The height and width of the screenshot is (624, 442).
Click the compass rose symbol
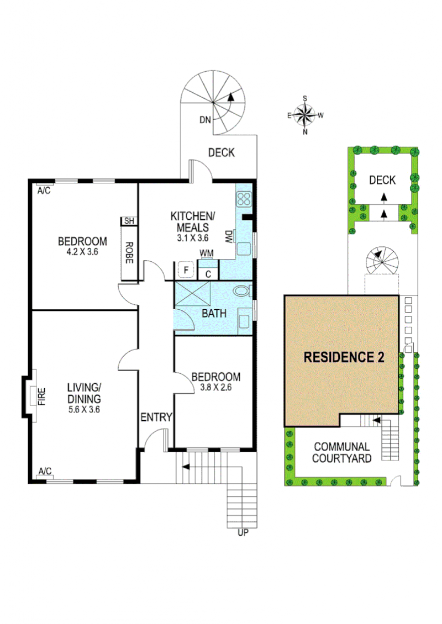(305, 115)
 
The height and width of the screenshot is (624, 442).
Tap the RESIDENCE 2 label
(344, 357)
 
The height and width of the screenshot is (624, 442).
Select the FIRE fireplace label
(42, 396)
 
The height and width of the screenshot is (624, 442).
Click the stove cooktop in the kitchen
(244, 199)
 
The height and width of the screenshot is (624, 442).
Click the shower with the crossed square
(192, 294)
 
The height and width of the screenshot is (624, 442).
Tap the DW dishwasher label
(229, 236)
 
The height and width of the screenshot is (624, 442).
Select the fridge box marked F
(186, 270)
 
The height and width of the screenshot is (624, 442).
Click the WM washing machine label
(206, 253)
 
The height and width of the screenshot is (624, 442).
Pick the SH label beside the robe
(129, 221)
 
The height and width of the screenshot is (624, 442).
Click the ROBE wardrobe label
(129, 253)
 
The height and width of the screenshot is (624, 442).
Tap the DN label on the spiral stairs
(205, 120)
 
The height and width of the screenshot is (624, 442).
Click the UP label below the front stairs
(243, 532)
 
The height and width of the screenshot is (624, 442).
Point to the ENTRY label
(156, 417)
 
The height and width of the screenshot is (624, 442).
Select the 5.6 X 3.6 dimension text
(84, 410)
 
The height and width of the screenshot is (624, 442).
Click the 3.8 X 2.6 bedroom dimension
(216, 387)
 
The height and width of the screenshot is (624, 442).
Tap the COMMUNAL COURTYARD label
(341, 452)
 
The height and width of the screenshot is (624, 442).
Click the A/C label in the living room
(45, 471)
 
